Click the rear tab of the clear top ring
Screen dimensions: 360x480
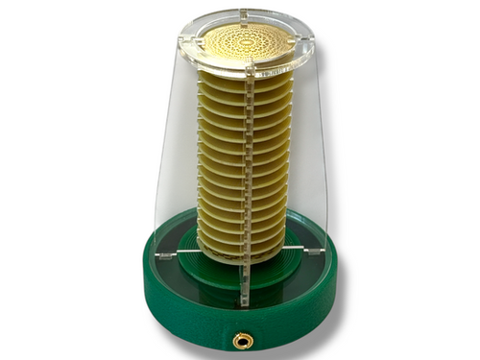(x=243, y=14)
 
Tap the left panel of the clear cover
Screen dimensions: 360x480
(x=173, y=163)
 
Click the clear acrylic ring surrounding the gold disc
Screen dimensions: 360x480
(x=287, y=62)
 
